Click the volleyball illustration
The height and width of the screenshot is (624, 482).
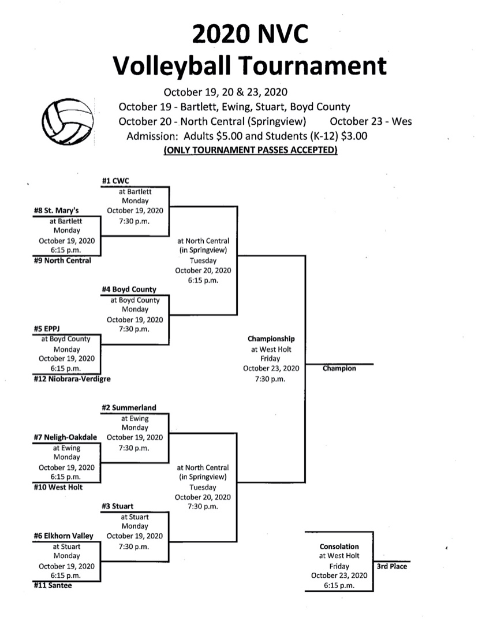pos(68,121)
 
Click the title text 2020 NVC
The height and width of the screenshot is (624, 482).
pos(250,34)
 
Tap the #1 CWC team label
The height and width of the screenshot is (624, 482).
pos(115,181)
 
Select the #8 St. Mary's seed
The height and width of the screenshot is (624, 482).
pos(56,210)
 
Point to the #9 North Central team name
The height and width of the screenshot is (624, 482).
pos(62,260)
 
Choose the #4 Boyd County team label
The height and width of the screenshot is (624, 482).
pos(129,289)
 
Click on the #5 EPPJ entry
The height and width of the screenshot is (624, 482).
pos(47,329)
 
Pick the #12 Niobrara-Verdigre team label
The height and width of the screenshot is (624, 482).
pos(72,379)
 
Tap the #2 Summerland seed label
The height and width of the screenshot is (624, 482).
pos(129,407)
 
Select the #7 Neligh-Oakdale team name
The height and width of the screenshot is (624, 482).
pos(65,437)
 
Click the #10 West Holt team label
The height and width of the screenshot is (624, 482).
pos(58,487)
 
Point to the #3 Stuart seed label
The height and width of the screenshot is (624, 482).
pos(117,506)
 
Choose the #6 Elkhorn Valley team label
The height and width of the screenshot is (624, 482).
pos(63,536)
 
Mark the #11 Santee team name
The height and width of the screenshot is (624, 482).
pos(53,585)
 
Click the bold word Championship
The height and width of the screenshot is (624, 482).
pos(271,339)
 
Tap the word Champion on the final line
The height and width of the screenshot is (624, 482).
pos(339,369)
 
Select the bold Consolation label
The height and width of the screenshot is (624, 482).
pos(339,547)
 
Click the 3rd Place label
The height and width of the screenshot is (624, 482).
pos(392,566)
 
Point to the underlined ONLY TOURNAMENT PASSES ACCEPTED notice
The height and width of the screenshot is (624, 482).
pos(251,150)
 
